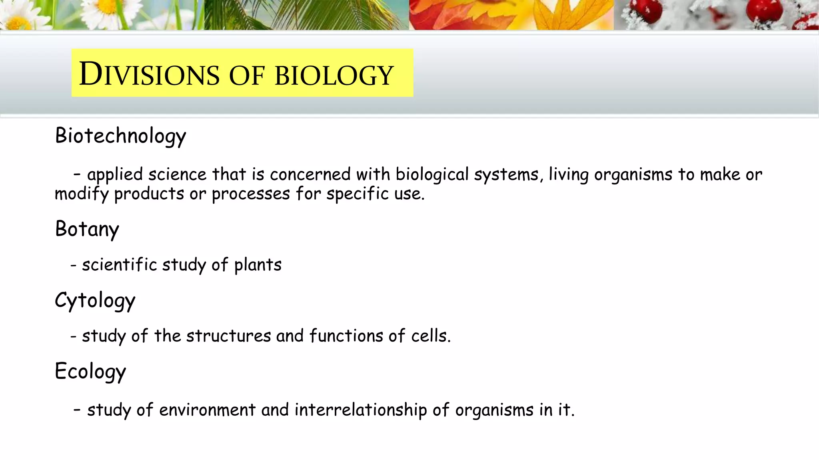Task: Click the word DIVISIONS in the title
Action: (149, 74)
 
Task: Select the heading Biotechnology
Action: (120, 136)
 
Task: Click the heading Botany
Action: (87, 229)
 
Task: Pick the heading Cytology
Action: (95, 300)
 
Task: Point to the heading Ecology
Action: (90, 371)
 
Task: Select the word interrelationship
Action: (361, 410)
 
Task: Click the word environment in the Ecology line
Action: (207, 410)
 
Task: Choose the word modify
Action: (82, 194)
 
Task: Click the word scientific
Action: (119, 265)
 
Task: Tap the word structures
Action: (228, 336)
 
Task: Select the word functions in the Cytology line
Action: (346, 336)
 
